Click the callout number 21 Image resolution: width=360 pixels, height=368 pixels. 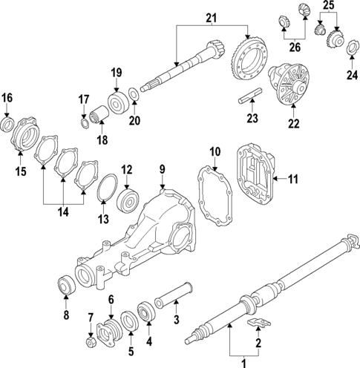tap(212, 19)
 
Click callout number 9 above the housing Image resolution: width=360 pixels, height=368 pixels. tap(163, 171)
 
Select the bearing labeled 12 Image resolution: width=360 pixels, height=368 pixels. tap(127, 197)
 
